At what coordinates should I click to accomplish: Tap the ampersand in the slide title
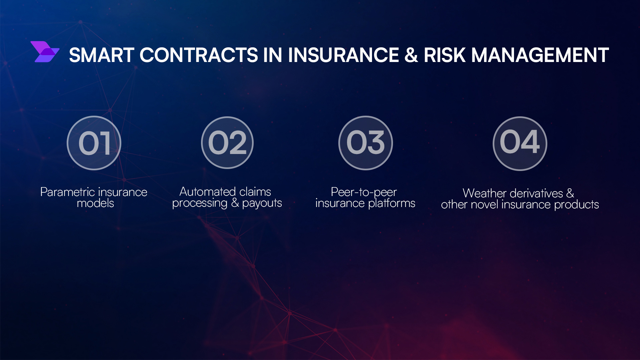(x=411, y=55)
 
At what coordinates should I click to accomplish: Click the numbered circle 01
(x=94, y=143)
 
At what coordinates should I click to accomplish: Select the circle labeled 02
(x=227, y=143)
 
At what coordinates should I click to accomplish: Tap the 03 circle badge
(x=366, y=143)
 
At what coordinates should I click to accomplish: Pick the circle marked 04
(x=520, y=143)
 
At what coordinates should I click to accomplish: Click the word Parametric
(x=67, y=192)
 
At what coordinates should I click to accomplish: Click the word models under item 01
(x=95, y=203)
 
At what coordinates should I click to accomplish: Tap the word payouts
(x=262, y=203)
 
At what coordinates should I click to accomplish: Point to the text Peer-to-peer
(x=364, y=192)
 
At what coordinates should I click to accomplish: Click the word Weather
(x=484, y=193)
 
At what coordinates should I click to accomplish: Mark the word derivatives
(x=536, y=193)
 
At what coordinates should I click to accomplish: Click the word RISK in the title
(x=444, y=55)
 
